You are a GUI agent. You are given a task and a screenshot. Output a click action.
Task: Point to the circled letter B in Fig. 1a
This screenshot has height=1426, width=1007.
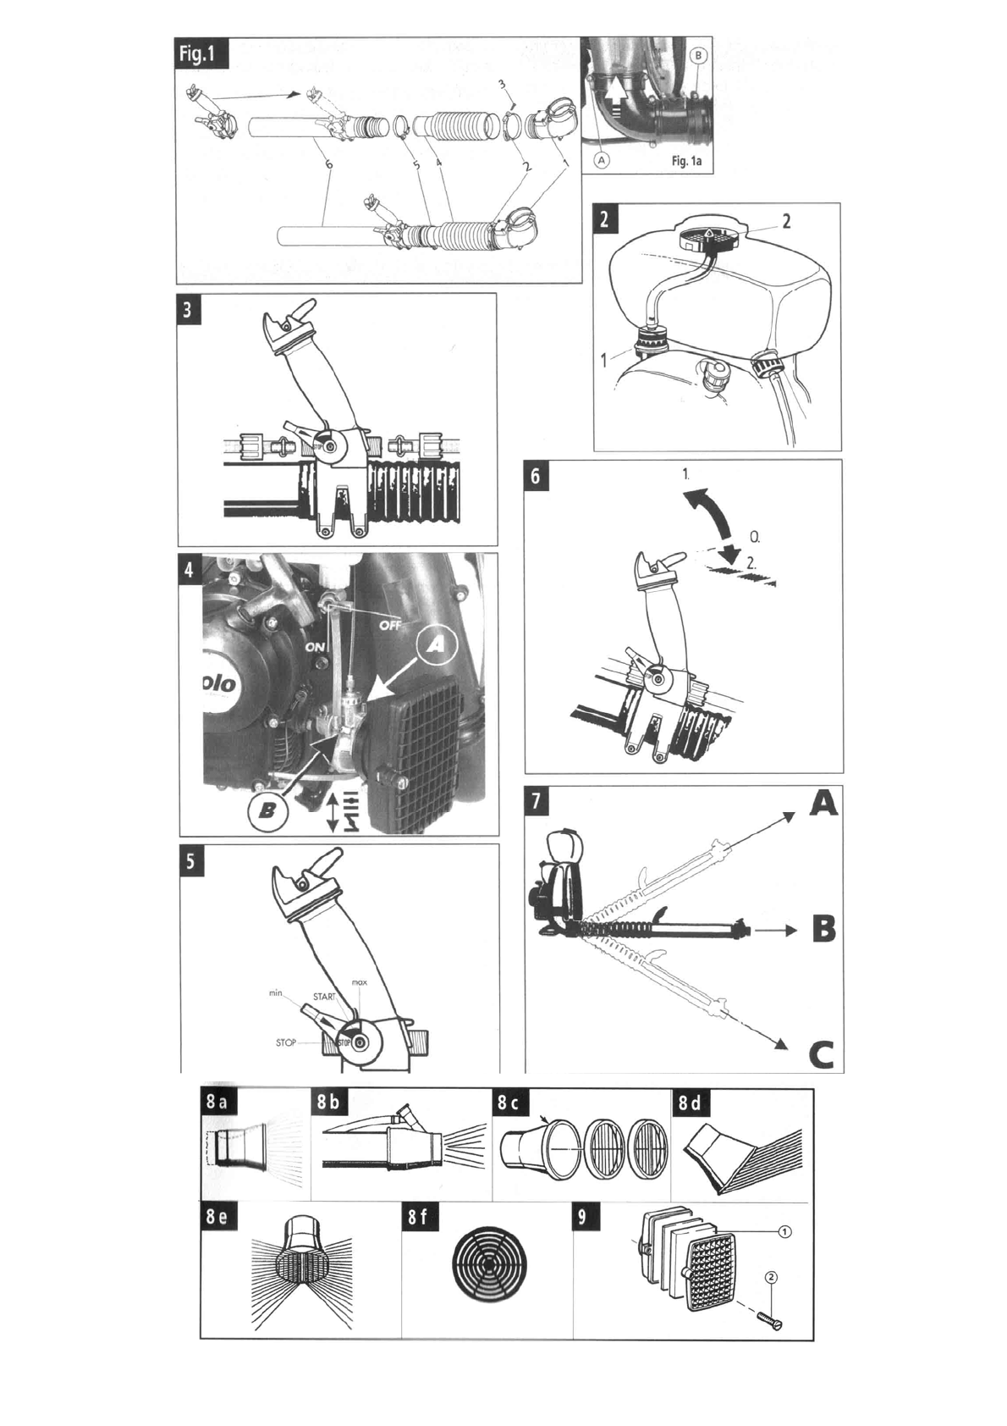(698, 55)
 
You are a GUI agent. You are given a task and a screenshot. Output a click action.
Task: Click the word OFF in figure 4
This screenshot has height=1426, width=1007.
(390, 625)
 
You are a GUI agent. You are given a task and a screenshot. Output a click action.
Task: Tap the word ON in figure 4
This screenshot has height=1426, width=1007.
(316, 647)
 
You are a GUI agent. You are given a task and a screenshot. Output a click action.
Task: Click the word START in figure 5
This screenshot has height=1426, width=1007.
(324, 997)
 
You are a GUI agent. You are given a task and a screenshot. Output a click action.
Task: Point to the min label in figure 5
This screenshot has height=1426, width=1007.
(275, 992)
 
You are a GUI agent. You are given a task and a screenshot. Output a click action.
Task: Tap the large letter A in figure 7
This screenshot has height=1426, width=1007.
(823, 803)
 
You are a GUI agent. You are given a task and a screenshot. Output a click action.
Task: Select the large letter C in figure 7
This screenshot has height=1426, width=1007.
(821, 1055)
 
